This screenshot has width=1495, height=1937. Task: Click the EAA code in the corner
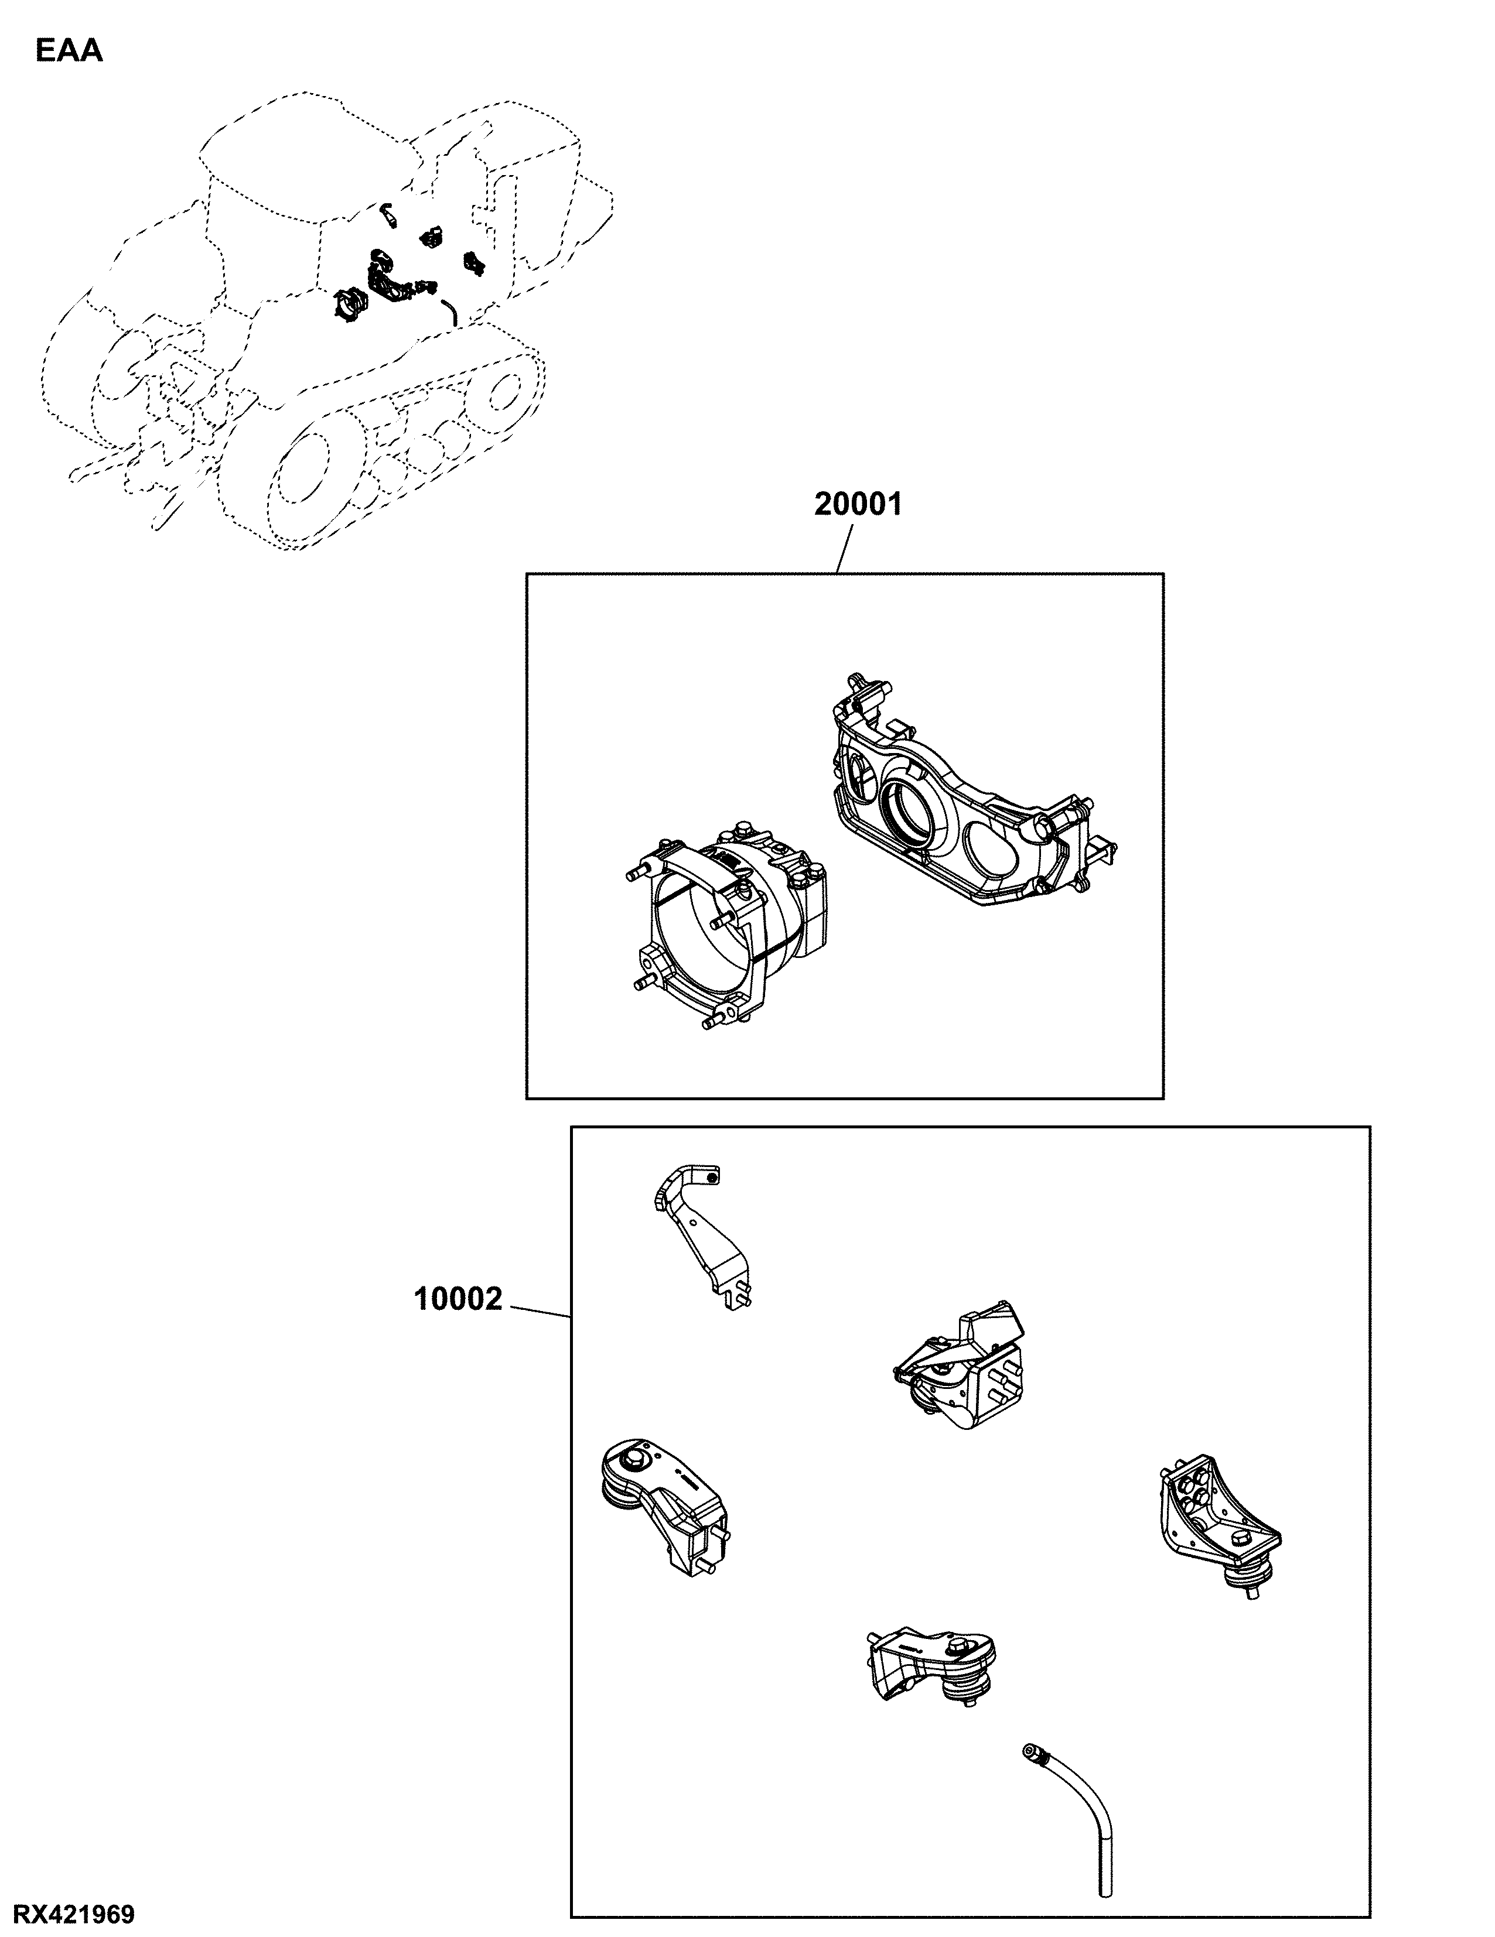coord(69,52)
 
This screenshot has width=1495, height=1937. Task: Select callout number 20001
coord(858,505)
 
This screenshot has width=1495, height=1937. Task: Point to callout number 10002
coord(459,1299)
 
